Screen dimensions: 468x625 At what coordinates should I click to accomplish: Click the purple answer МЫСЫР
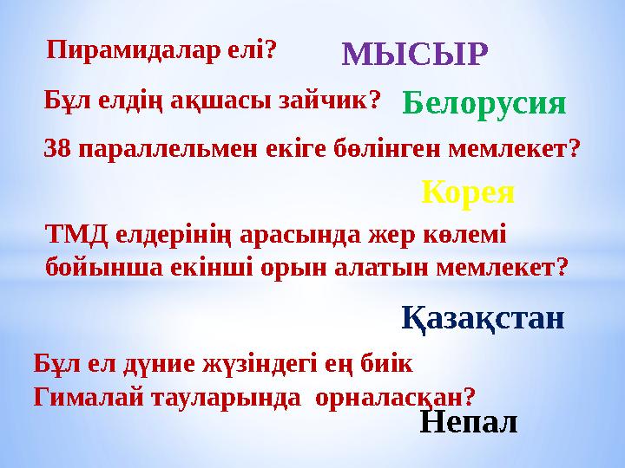click(x=416, y=54)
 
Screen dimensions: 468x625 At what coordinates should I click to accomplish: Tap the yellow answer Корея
click(x=468, y=192)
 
